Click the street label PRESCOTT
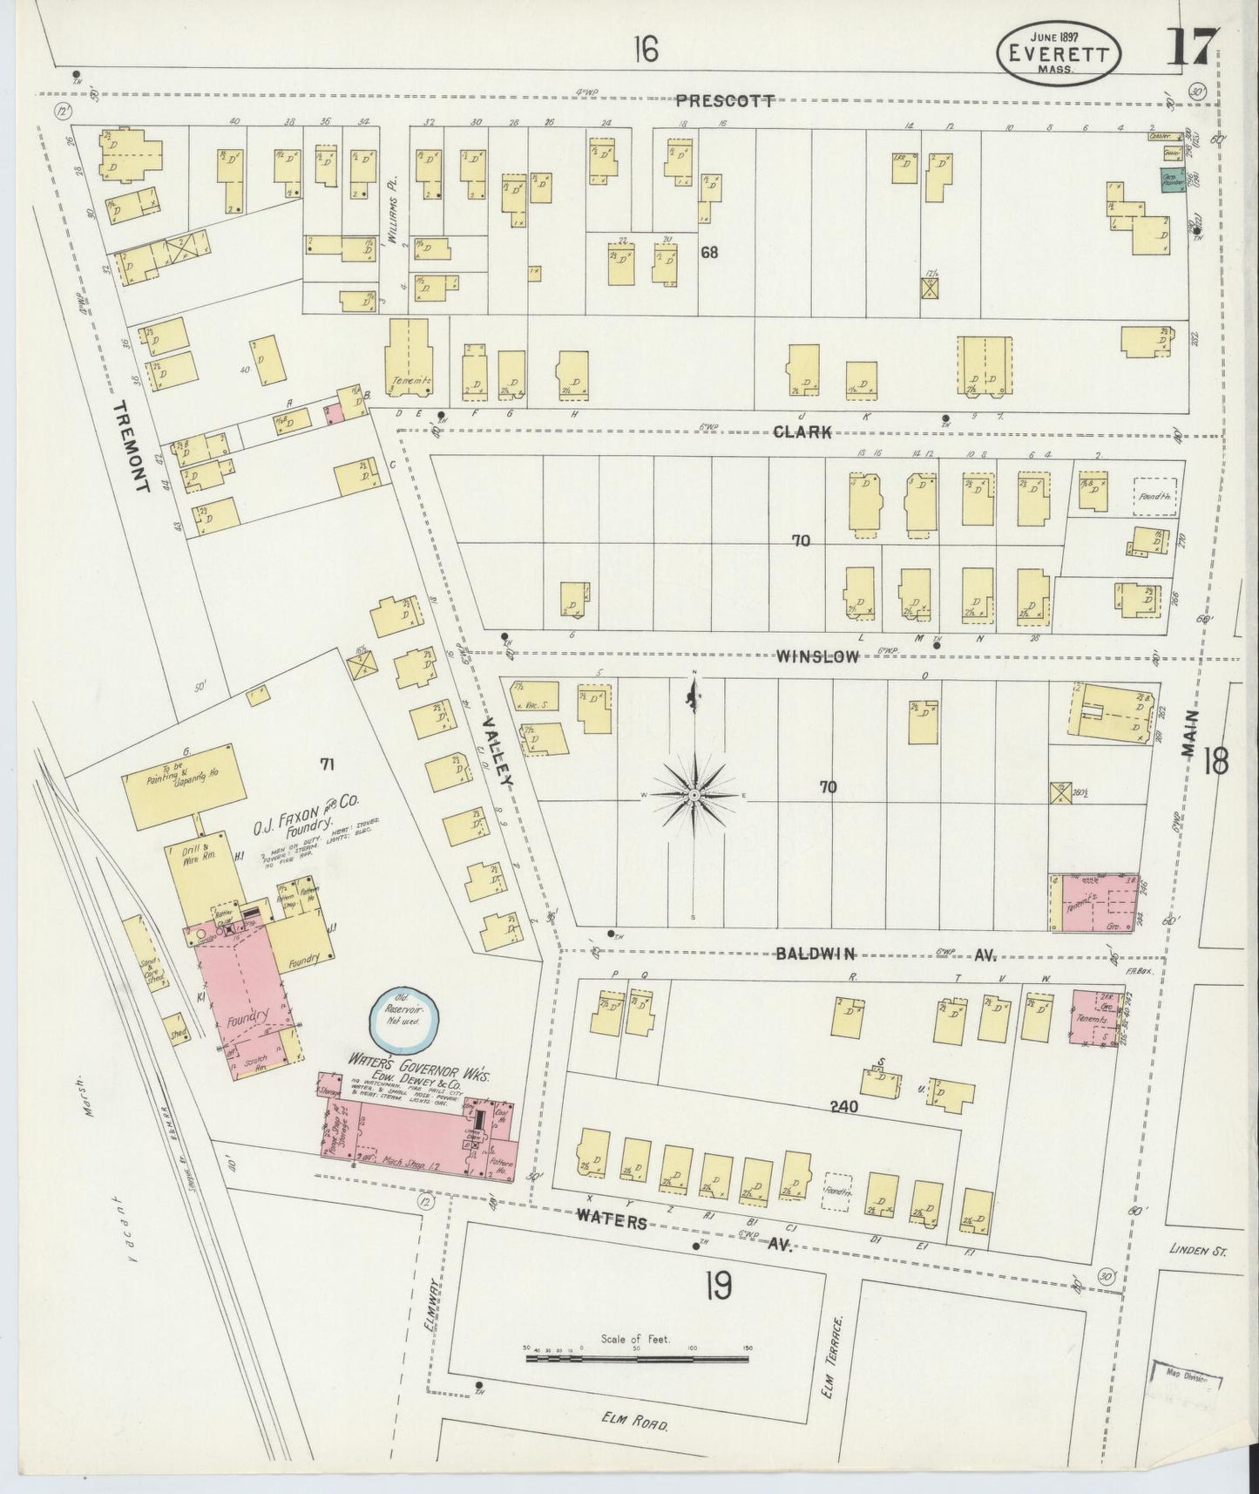(726, 100)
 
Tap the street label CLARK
(802, 431)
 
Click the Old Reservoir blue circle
(405, 1021)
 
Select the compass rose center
(694, 796)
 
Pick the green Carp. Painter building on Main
(1172, 180)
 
